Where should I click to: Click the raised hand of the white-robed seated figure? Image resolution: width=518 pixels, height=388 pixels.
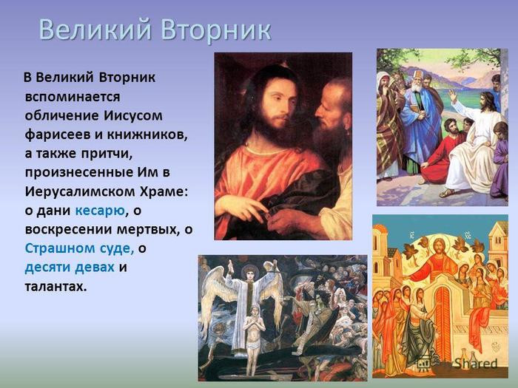click(452, 95)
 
